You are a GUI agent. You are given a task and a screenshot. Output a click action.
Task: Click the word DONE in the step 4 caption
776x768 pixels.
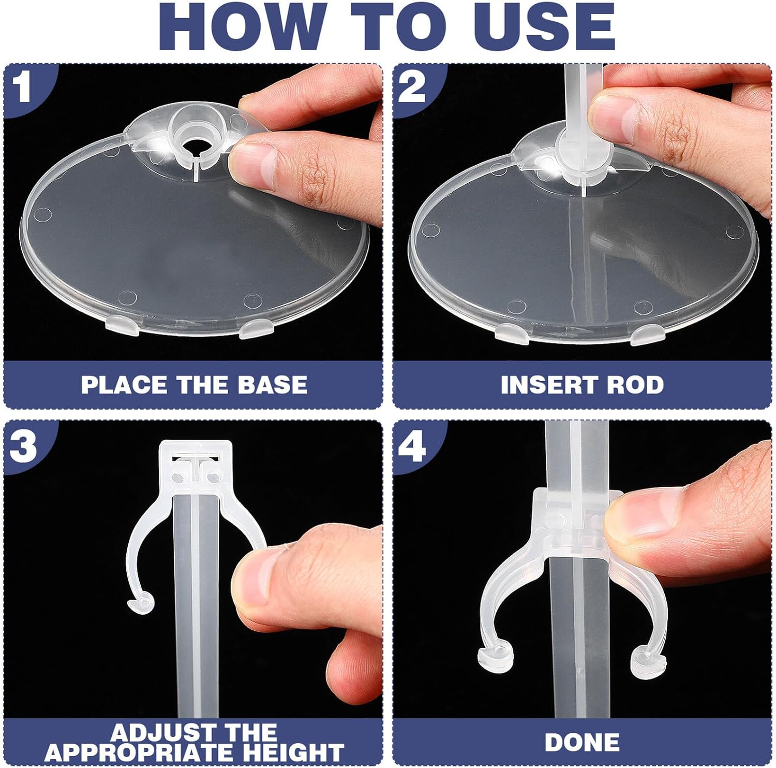pos(582,743)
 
